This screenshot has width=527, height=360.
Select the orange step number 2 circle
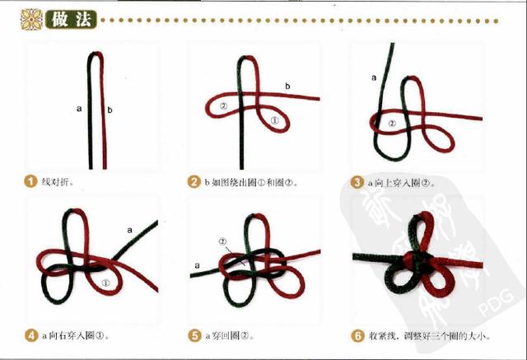194,181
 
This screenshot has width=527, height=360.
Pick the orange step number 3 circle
357,181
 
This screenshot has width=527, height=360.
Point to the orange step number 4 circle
30,335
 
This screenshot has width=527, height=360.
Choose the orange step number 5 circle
194,335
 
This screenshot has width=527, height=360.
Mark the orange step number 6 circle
357,335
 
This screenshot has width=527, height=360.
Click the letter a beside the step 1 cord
79,108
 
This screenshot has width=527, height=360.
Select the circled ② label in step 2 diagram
223,106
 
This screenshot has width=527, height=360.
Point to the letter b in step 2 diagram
287,86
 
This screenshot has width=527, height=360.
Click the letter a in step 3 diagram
374,77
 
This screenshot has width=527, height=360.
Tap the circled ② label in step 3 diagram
392,123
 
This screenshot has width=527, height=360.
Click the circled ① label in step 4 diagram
105,283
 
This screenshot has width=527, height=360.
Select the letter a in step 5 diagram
196,265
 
